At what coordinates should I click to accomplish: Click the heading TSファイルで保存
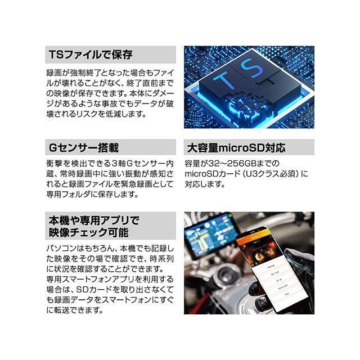pos(90,55)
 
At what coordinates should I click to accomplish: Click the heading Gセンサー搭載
pos(83,148)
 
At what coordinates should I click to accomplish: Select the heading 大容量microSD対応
pos(236,148)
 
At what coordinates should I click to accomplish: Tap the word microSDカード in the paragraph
pos(207,174)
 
